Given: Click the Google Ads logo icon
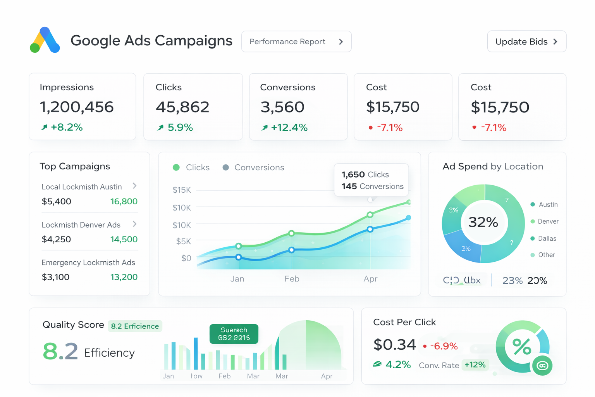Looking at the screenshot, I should (45, 40).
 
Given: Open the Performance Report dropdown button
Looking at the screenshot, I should (296, 41).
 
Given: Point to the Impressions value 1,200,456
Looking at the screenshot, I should (77, 107).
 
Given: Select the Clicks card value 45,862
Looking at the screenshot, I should (182, 107).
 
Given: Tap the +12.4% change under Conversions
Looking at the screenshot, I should (289, 128).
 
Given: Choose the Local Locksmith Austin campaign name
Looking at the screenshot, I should (82, 187).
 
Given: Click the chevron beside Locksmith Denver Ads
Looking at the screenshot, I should (134, 224).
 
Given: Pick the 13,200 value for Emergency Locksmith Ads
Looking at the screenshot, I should (124, 277).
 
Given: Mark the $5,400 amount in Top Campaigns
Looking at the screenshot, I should (57, 202).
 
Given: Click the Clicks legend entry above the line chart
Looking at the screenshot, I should (191, 167).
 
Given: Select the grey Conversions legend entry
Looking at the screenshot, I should (254, 167).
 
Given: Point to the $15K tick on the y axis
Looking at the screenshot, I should (182, 190).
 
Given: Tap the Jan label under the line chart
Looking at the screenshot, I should (237, 279).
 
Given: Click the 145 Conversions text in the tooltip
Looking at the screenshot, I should (372, 186).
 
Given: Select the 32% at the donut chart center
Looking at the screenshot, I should (483, 222).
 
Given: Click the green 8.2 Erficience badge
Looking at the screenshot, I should (135, 326).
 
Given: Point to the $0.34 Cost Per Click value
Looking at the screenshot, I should (394, 345).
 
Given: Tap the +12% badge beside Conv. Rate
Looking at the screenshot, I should (475, 365).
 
